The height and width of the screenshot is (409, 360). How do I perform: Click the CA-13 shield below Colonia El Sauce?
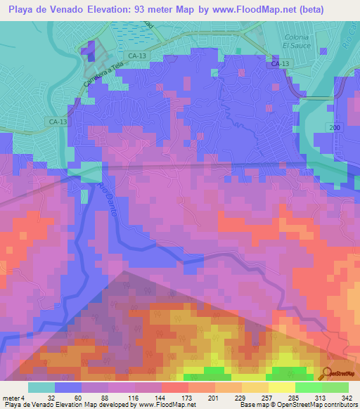click(280, 64)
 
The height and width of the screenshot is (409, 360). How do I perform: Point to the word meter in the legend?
click(11, 398)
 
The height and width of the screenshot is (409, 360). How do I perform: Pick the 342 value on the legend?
click(347, 398)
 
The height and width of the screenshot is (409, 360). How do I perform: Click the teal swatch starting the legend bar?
click(41, 387)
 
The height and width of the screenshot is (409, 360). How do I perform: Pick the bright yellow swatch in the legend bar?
click(281, 387)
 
